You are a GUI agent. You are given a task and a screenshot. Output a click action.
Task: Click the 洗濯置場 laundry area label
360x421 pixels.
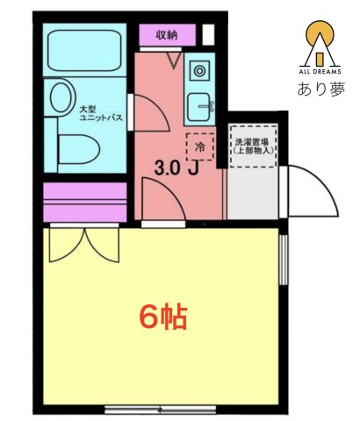[253, 144]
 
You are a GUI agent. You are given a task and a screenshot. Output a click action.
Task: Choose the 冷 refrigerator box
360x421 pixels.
[200, 146]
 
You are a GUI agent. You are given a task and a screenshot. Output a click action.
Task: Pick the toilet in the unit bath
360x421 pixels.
[80, 146]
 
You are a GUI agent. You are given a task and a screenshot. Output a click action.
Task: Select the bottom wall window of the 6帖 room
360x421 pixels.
[161, 410]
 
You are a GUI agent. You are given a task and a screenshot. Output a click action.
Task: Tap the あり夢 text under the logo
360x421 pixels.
[320, 89]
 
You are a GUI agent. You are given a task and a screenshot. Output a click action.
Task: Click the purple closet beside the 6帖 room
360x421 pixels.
[84, 203]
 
